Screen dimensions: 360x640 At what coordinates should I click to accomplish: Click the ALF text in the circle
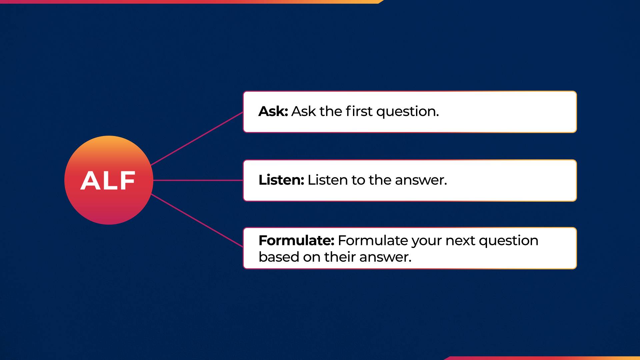108,181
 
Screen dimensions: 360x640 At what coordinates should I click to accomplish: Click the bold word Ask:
273,111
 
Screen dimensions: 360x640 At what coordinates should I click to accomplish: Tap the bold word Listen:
281,180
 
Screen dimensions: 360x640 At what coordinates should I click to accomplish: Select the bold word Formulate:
296,240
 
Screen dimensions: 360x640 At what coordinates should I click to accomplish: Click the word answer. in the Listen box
421,180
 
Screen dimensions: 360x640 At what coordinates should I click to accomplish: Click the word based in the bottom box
279,257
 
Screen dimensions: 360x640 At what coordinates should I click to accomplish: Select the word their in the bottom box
340,257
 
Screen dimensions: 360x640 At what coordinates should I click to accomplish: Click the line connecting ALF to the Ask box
197,139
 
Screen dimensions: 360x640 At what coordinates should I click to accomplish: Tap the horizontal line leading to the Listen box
198,180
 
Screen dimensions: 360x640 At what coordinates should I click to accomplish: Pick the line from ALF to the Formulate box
197,220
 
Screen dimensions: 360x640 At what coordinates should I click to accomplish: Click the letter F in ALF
127,181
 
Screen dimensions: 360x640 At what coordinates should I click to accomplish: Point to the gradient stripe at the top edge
190,2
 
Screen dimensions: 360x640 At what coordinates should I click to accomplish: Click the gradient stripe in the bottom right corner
543,358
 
